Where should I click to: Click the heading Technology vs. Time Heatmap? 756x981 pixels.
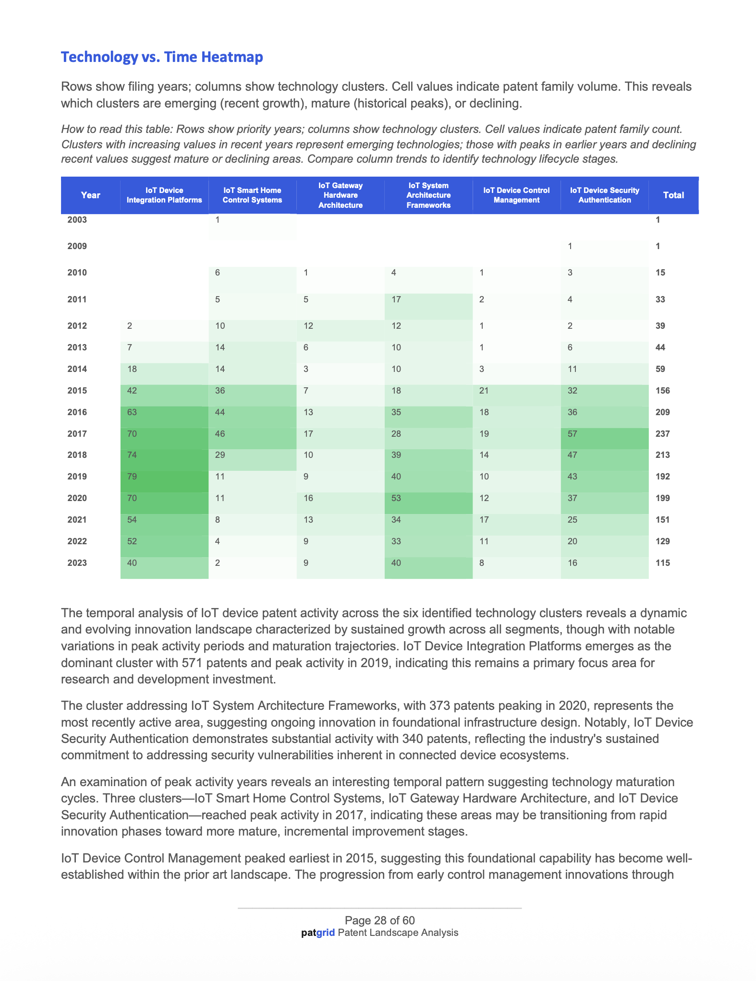pos(162,57)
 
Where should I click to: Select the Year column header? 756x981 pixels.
pos(90,195)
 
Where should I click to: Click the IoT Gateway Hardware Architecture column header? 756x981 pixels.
pos(341,195)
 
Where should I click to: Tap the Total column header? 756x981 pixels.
pos(673,195)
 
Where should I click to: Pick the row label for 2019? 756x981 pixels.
pos(77,477)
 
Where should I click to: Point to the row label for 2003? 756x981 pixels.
pos(77,220)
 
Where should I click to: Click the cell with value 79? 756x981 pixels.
pos(132,477)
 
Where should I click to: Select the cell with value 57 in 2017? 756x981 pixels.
pos(573,434)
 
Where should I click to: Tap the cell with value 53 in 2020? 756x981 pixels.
pos(397,498)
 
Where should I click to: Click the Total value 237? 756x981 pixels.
pos(663,434)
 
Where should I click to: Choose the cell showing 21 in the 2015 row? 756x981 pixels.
pos(484,391)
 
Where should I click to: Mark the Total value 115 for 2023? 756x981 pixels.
pos(663,563)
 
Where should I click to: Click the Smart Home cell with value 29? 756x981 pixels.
pos(220,455)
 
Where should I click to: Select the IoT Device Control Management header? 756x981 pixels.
pos(516,195)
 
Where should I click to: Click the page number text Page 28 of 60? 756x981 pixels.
pos(379,920)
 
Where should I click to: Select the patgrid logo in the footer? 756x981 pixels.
pos(318,933)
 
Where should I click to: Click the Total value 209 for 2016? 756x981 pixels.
pos(663,412)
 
